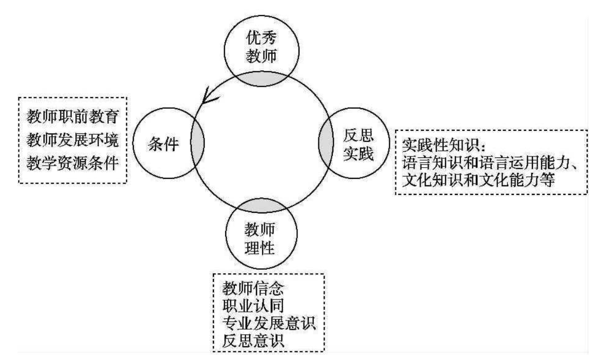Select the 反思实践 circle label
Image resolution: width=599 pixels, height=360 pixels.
[358, 144]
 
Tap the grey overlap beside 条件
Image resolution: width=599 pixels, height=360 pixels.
[197, 144]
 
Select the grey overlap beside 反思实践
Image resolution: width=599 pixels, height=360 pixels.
[327, 144]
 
